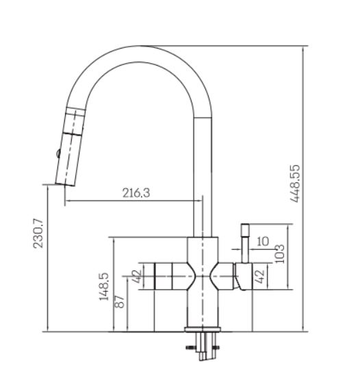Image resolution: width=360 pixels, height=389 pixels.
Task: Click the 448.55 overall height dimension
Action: (x=295, y=184)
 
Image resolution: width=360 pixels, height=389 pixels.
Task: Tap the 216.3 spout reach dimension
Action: (x=136, y=192)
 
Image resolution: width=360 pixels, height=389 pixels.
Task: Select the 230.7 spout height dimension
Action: (x=38, y=234)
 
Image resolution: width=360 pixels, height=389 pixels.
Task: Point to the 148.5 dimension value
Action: (x=104, y=287)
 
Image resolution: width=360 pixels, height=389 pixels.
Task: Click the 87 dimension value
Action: (x=120, y=301)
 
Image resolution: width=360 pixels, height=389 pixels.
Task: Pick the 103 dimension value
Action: (x=280, y=254)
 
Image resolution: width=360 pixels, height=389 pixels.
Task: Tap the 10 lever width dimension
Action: (x=263, y=241)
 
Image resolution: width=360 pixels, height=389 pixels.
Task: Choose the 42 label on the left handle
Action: (x=137, y=276)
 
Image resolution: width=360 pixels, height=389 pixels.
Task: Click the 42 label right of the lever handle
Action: (x=259, y=277)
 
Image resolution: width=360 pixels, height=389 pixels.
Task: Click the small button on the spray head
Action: (x=58, y=153)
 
